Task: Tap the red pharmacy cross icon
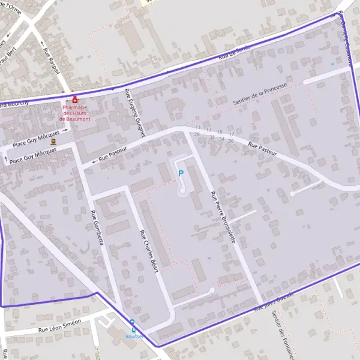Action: (x=75, y=100)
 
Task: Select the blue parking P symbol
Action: (x=181, y=173)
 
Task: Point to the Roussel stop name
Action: (x=134, y=336)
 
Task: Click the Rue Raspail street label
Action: (x=51, y=62)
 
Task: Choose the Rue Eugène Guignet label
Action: (x=135, y=113)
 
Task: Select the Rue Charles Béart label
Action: (x=148, y=251)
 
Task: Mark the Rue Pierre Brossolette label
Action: (x=222, y=217)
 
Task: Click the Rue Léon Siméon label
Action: (x=59, y=326)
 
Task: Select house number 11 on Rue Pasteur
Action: (x=198, y=128)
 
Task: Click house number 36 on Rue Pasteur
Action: (x=231, y=140)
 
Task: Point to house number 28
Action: (x=197, y=134)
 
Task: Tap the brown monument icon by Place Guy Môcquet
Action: (x=53, y=142)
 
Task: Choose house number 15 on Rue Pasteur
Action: (x=220, y=131)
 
